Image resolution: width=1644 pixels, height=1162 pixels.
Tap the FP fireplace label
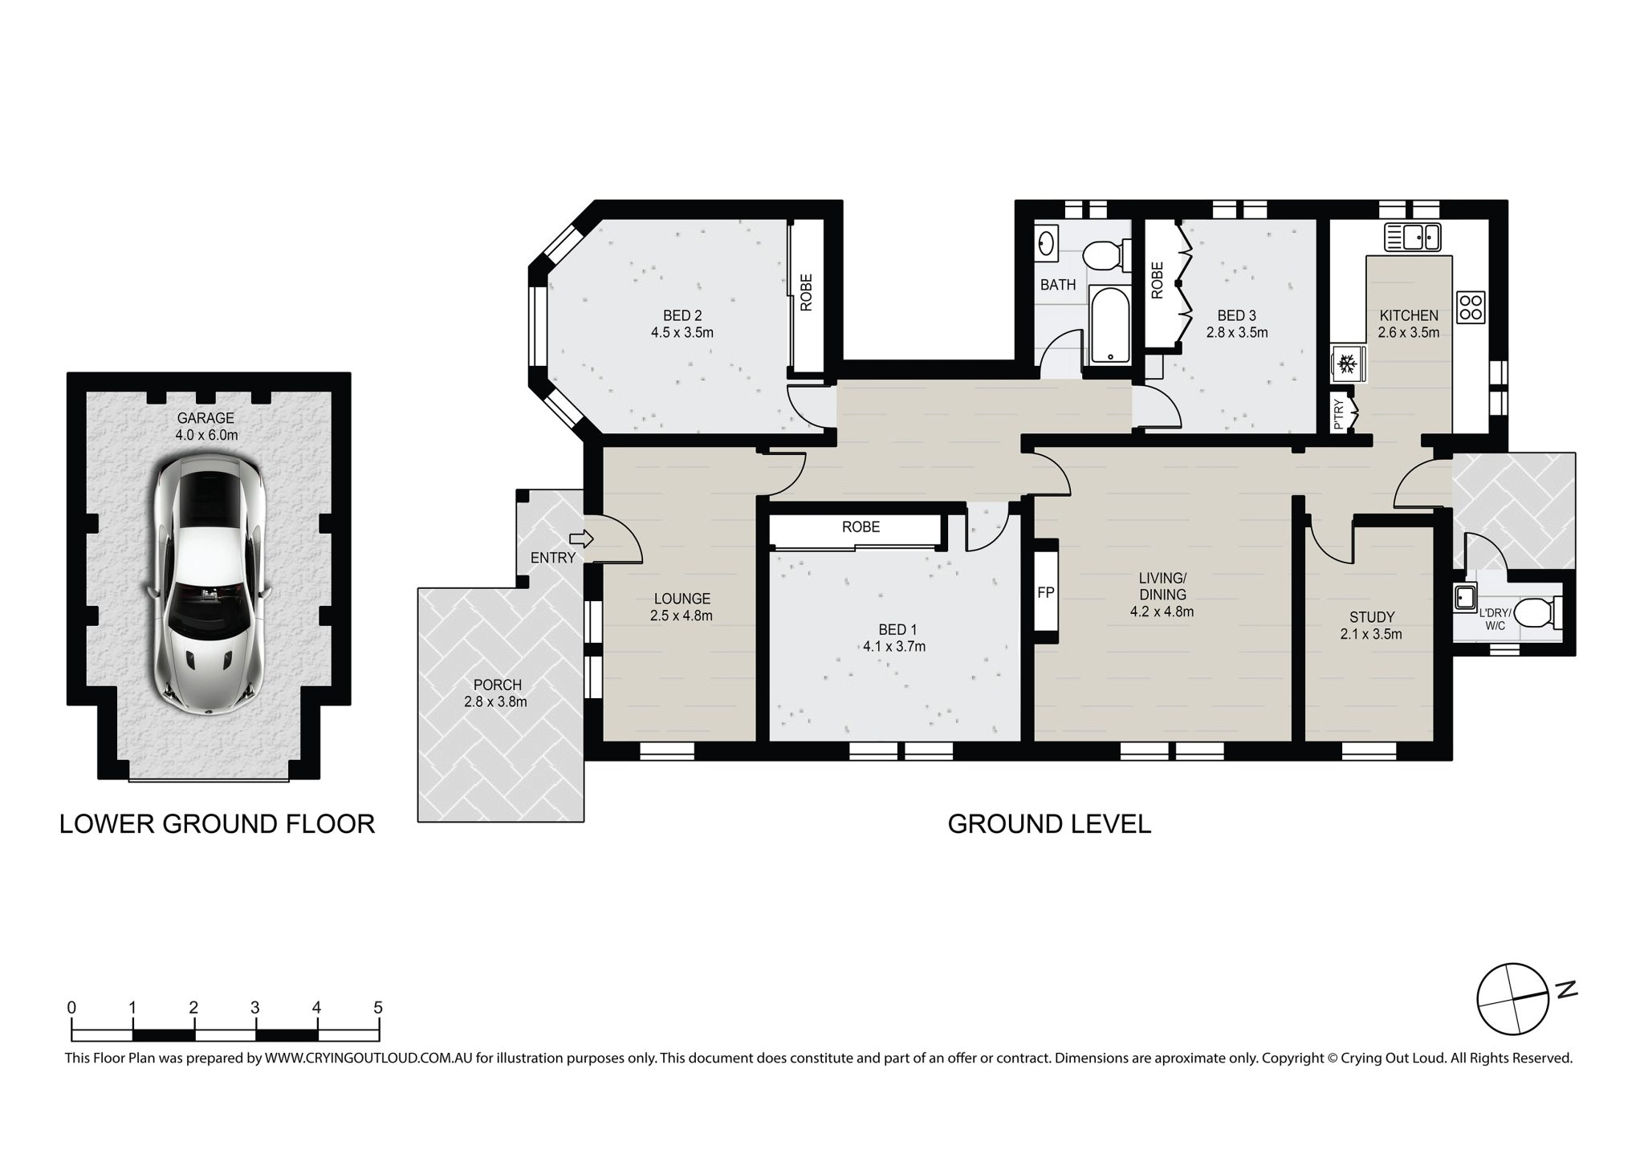(x=1045, y=593)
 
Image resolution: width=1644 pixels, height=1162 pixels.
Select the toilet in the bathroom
(x=1107, y=256)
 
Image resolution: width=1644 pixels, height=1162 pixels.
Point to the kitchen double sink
(x=1412, y=238)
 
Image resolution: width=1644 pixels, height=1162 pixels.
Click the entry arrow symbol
(x=580, y=538)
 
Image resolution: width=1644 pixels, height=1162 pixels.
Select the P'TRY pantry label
(x=1338, y=416)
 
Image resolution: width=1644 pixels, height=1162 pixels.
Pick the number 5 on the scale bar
(x=378, y=1008)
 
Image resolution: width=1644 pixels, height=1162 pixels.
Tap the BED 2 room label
(x=682, y=315)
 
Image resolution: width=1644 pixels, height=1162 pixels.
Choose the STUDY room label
(x=1371, y=617)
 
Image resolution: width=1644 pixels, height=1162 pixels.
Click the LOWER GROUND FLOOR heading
(x=217, y=824)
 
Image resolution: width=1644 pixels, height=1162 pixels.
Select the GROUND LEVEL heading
(x=1049, y=824)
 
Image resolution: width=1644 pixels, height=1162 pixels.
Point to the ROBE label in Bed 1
(x=861, y=526)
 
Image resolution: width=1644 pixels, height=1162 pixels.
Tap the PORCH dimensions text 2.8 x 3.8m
(x=495, y=702)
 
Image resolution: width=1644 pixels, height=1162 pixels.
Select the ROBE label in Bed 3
(x=1157, y=281)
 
